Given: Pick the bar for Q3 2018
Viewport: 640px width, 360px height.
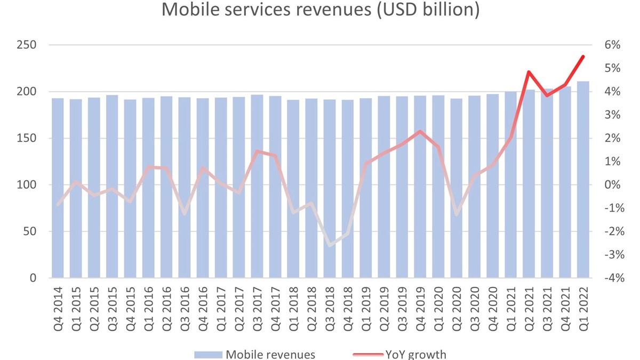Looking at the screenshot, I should pos(330,189).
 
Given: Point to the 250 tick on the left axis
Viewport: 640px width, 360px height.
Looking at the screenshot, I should pos(25,45).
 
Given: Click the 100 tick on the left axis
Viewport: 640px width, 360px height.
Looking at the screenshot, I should pos(25,185).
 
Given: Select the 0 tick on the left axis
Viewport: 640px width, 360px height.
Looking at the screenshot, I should pos(32,278).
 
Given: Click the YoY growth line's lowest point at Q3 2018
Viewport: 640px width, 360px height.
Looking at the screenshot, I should pos(330,245).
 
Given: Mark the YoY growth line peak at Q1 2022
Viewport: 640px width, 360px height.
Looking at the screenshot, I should pos(583,57).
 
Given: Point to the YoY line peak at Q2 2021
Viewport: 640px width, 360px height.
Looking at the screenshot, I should pos(529,72).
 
